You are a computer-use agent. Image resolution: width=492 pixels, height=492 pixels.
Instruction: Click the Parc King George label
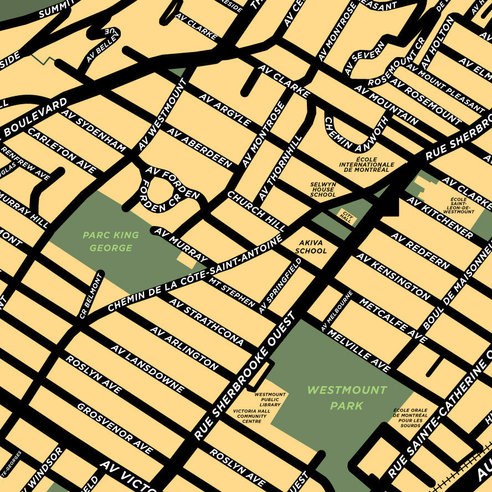(111, 242)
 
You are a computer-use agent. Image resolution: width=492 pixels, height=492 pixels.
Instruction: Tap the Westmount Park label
(347, 398)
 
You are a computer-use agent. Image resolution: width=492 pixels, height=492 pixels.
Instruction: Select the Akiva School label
(311, 247)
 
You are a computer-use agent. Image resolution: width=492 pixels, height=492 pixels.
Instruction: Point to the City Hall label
(347, 216)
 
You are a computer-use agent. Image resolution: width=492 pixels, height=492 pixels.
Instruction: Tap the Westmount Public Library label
(270, 399)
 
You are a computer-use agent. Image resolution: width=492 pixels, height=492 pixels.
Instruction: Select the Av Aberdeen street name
(199, 148)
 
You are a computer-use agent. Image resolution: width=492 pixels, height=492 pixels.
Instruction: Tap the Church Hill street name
(256, 211)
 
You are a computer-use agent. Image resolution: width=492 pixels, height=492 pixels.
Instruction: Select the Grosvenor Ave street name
(115, 428)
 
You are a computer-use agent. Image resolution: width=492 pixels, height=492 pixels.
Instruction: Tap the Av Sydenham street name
(94, 130)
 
